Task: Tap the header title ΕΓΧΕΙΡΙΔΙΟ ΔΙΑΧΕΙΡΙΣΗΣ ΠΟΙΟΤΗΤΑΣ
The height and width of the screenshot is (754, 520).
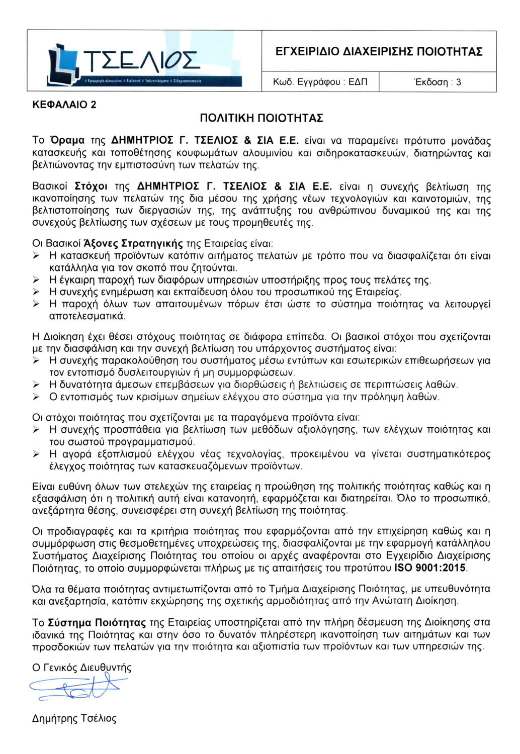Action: (379, 52)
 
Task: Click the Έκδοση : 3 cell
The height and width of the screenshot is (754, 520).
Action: (437, 82)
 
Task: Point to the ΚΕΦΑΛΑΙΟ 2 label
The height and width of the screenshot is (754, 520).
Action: (64, 105)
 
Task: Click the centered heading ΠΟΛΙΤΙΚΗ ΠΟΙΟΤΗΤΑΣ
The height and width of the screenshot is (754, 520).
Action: (261, 118)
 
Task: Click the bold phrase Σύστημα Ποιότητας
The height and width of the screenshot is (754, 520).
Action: (97, 623)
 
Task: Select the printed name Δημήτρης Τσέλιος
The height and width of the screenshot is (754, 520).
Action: (74, 718)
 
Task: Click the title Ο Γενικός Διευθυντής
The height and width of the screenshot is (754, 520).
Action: (82, 668)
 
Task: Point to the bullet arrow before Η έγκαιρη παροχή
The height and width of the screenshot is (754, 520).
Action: (36, 280)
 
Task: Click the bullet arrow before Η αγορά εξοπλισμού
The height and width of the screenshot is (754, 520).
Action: (36, 454)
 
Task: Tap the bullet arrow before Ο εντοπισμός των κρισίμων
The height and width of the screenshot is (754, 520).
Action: (36, 397)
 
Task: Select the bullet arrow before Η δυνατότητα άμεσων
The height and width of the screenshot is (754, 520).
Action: (36, 385)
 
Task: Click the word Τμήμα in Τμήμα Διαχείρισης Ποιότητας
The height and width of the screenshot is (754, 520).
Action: (283, 589)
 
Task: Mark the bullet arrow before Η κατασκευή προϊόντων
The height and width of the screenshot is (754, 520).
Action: (36, 256)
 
